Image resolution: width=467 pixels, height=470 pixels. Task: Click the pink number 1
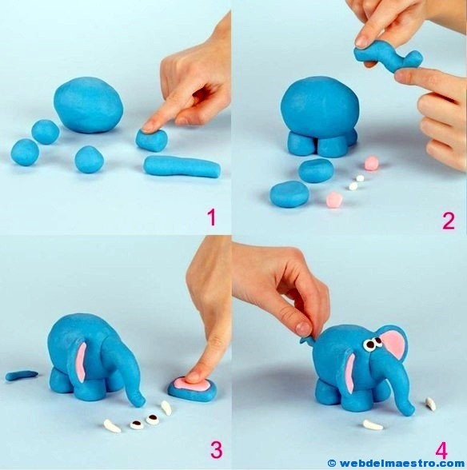(210, 217)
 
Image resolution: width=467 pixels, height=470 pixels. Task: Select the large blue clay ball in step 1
(90, 104)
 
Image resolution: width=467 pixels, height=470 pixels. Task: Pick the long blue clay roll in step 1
(182, 165)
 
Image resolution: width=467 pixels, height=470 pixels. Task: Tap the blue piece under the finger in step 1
(151, 141)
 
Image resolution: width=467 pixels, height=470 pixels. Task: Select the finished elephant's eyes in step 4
(372, 345)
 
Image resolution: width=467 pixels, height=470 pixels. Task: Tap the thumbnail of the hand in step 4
(303, 328)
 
